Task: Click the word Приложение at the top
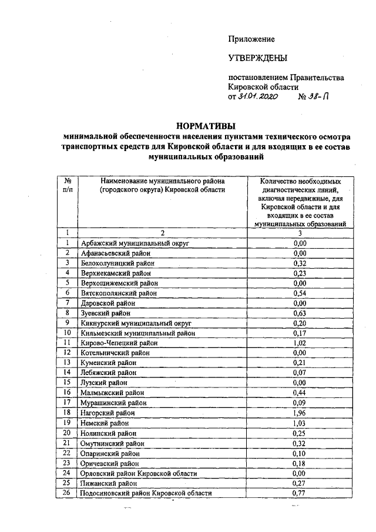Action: pos(251,39)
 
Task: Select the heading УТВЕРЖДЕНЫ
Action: pos(258,58)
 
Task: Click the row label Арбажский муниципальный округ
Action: pos(136,242)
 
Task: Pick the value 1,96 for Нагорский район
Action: pos(300,413)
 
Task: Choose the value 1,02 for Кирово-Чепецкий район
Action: pos(300,343)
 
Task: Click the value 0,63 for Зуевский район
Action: pos(300,313)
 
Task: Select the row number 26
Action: pos(68,493)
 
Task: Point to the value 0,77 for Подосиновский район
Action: pos(300,493)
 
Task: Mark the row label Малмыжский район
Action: pos(113,393)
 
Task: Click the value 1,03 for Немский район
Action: pos(300,423)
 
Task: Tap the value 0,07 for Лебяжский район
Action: pos(300,373)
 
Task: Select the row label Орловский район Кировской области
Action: pos(139,473)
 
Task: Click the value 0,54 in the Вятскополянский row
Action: pos(300,292)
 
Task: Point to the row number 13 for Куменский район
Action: pos(68,363)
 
